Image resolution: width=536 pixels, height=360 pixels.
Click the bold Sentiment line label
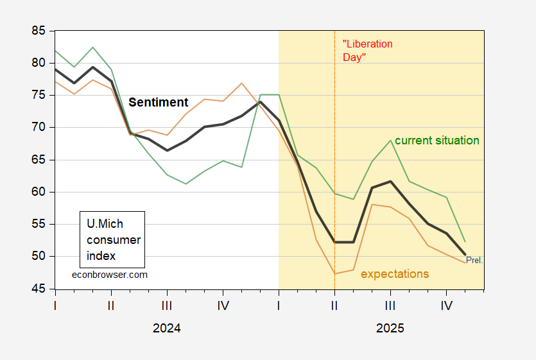[159, 103]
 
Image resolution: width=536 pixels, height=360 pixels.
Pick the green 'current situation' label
[437, 141]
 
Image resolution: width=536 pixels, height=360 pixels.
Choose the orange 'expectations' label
[395, 274]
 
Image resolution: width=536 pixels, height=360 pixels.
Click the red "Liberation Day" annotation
[367, 51]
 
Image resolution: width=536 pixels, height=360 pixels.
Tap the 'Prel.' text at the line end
[474, 261]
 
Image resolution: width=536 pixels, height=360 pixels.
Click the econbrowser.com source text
[109, 274]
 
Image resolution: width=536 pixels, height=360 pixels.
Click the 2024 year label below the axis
[167, 328]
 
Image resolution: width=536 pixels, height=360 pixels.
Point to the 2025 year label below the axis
[390, 328]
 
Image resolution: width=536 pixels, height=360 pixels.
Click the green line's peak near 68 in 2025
[390, 141]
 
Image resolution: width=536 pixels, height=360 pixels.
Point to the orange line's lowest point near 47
[334, 273]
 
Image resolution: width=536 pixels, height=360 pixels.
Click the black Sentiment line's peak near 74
[260, 101]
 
